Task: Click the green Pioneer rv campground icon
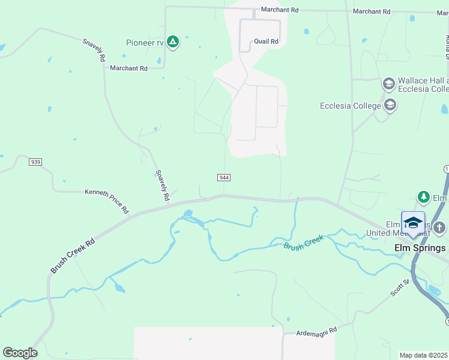173,42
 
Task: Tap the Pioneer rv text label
145,43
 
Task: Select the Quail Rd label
266,41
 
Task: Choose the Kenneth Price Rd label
107,201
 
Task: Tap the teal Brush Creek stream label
304,242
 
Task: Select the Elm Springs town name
420,248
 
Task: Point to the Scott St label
399,287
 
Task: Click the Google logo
20,353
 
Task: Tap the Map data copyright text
424,355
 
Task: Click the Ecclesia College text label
351,106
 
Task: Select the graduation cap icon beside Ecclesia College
390,106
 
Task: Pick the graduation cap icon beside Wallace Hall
388,83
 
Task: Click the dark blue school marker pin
413,224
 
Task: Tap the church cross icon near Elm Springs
439,227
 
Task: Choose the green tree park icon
424,197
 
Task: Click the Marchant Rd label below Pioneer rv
128,68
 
